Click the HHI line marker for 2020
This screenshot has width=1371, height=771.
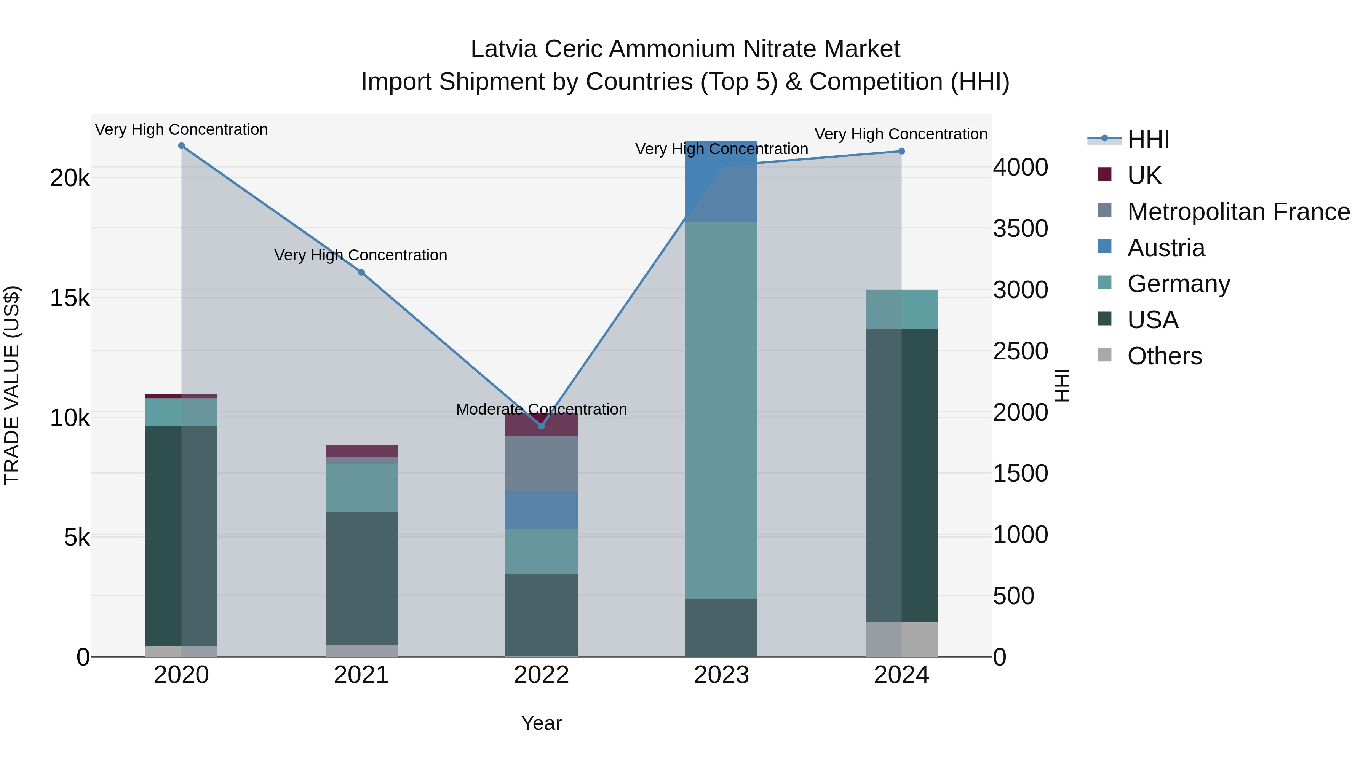point(182,146)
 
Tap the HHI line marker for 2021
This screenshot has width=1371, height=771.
point(361,273)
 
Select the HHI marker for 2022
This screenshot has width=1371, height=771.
point(541,426)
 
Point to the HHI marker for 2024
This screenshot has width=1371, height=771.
point(901,152)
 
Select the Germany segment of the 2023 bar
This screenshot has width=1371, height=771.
point(721,410)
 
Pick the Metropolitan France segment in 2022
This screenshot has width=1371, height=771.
point(541,463)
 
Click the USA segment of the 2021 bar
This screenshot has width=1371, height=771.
point(361,578)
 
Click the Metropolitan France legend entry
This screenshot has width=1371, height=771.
point(1238,212)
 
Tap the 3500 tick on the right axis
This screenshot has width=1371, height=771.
point(1020,229)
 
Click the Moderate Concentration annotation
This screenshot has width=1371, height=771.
point(541,409)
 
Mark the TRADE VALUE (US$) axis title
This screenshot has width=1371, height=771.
point(12,385)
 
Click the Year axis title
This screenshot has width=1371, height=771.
point(541,723)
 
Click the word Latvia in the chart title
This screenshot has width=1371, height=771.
point(503,49)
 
